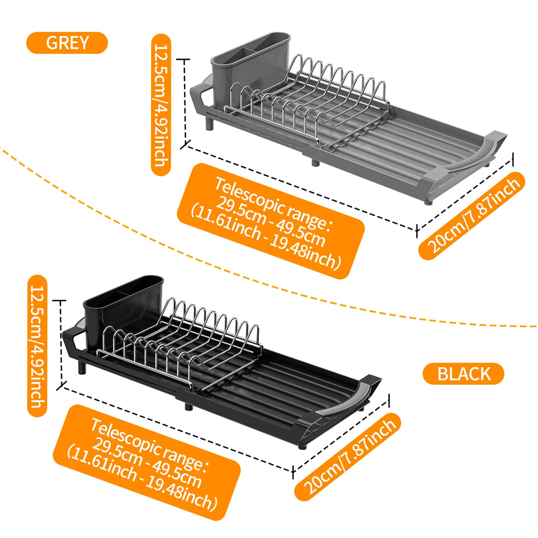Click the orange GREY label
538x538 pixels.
point(67,43)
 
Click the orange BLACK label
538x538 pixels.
point(463,374)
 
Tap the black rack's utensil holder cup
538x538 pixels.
point(123,305)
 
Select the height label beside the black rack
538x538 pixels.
point(37,345)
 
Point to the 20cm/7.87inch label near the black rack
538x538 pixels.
point(347,456)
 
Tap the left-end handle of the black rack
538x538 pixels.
point(72,336)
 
